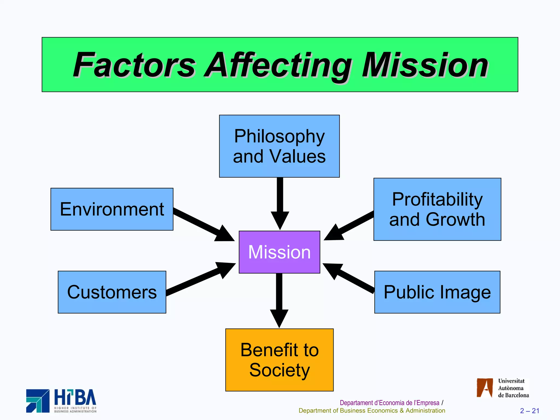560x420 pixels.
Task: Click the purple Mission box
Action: (x=279, y=252)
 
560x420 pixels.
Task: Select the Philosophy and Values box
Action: (x=279, y=146)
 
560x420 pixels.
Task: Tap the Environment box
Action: (x=112, y=209)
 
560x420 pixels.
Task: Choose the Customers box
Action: (x=112, y=292)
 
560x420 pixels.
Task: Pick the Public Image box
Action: (x=437, y=292)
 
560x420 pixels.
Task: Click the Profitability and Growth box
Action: (x=437, y=209)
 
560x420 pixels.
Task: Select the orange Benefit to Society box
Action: (x=279, y=360)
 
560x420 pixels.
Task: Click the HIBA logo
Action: (x=61, y=401)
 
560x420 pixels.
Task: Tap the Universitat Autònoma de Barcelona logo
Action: (x=503, y=388)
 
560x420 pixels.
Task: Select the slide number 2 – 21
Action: (x=529, y=411)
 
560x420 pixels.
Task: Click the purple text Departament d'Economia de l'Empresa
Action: (x=389, y=403)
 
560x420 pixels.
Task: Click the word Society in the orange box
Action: (x=279, y=370)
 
